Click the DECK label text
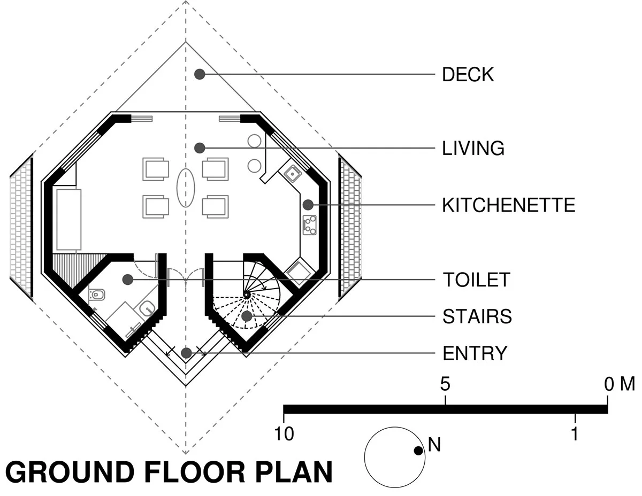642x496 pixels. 468,74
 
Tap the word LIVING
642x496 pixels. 473,148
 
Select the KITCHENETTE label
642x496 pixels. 508,205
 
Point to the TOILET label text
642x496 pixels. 476,280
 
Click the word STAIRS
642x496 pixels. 477,316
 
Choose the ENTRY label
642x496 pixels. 475,353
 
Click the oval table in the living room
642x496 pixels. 186,188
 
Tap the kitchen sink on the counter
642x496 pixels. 293,174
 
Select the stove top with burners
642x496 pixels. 310,225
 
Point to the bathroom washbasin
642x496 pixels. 147,309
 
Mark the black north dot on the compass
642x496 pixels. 418,451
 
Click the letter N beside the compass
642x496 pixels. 434,445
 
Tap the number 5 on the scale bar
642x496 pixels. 445,384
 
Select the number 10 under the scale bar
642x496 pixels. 284,433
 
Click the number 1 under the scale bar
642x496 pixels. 575,433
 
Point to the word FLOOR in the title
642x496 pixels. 194,472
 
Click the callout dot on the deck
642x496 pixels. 200,74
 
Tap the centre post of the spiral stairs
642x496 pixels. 246,294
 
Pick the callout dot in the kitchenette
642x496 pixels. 308,205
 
